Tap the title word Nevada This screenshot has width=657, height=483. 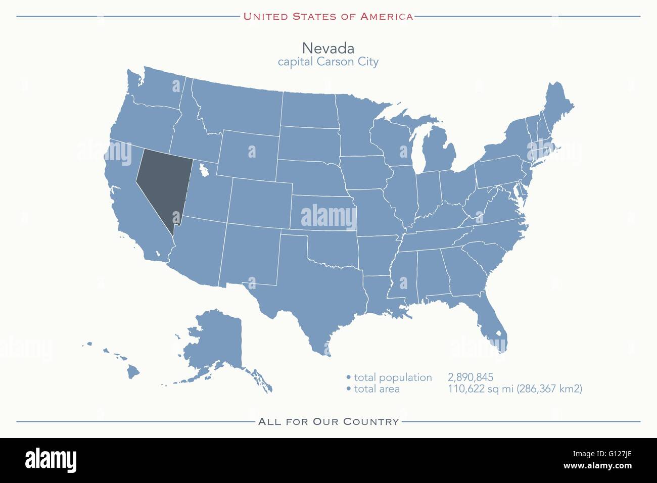click(328, 48)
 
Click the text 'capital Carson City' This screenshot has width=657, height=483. click(328, 62)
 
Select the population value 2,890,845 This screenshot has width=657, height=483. click(470, 377)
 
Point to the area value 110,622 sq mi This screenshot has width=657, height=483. click(480, 389)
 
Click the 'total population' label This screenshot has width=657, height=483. click(393, 377)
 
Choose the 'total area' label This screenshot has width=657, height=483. click(377, 389)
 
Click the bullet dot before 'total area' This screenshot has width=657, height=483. click(349, 389)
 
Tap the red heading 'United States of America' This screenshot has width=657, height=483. click(328, 16)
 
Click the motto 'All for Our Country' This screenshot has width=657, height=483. click(329, 421)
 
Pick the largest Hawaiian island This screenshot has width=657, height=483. click(133, 372)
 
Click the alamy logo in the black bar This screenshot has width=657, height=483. click(51, 460)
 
